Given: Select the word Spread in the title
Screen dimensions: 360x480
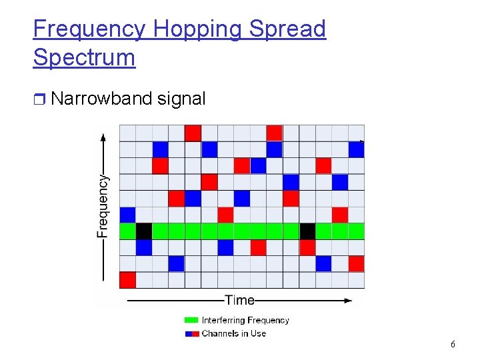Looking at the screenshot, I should click(287, 29).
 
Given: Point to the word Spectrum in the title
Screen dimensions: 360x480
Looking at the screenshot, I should click(84, 57).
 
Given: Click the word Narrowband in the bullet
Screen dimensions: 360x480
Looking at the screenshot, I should click(102, 99).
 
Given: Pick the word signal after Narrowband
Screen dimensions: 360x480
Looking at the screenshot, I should click(181, 99).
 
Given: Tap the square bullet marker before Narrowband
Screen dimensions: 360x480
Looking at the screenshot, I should click(39, 100).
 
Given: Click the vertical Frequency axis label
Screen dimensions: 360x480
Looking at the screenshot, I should click(103, 206).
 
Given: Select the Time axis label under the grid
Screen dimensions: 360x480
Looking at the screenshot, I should click(239, 301).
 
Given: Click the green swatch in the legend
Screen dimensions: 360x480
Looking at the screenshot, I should click(192, 321).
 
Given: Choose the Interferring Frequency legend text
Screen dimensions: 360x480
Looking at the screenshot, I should click(245, 321).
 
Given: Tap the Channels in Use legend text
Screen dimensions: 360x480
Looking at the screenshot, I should click(234, 333).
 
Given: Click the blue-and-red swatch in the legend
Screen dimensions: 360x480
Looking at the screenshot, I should click(192, 333).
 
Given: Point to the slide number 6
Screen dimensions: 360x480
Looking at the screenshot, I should click(453, 345).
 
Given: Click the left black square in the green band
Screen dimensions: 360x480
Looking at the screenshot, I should click(144, 231).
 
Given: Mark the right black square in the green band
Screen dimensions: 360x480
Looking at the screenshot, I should click(307, 231).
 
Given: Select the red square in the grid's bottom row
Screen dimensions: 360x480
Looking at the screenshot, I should click(127, 280).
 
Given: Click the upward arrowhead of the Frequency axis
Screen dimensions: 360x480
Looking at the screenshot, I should click(103, 138).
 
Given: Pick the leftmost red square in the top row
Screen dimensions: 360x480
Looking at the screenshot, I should click(193, 133).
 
